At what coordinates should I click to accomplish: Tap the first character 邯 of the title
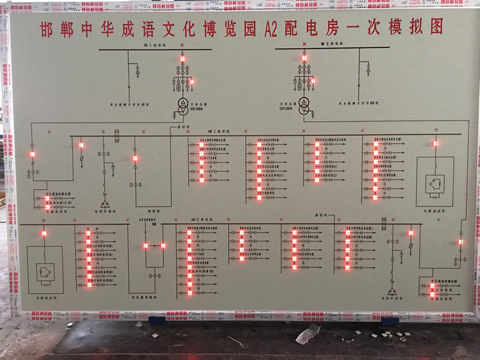coord(48,30)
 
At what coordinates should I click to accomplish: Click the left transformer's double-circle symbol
coord(181,107)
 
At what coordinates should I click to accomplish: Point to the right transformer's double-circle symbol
coord(304,107)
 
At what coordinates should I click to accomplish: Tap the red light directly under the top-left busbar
coord(181,59)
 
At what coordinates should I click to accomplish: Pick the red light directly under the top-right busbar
coord(305,58)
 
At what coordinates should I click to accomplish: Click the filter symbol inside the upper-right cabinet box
coord(435,183)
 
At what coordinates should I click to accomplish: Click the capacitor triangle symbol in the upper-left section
coord(105,203)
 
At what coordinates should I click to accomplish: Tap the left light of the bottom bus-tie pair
coord(146,246)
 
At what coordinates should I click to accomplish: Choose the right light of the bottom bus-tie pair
coord(163,246)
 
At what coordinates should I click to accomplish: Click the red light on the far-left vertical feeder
coord(31,154)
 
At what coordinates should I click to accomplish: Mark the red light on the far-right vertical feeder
coord(461,242)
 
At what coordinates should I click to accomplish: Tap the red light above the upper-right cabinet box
coord(436,143)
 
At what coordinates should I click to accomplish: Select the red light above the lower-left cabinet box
coord(44,233)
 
